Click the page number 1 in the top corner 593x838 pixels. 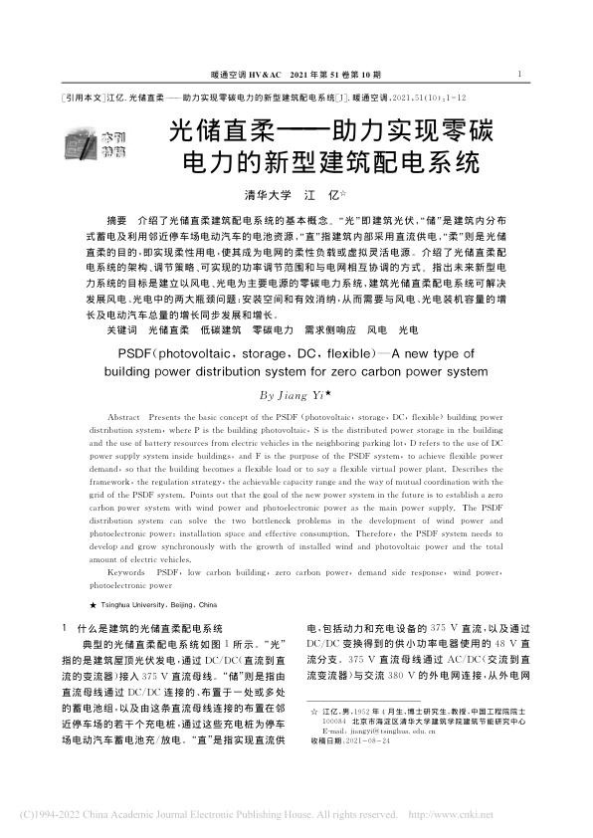pyautogui.click(x=521, y=73)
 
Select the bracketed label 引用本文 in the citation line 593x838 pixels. pyautogui.click(x=82, y=101)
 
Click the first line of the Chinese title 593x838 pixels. pyautogui.click(x=325, y=130)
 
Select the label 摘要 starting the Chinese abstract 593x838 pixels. pyautogui.click(x=116, y=220)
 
